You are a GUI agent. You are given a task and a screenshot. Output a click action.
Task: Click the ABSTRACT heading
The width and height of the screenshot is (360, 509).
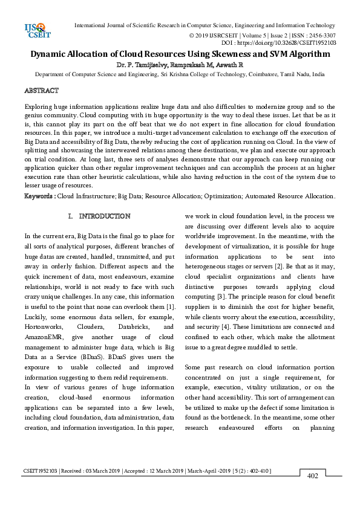(x=41, y=91)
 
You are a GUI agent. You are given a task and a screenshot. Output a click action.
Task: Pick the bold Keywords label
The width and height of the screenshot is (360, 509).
(x=39, y=196)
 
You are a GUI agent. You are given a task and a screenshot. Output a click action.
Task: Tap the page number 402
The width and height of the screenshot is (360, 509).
(x=313, y=476)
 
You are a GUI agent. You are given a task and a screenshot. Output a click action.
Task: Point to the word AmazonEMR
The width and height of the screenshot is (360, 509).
(x=44, y=336)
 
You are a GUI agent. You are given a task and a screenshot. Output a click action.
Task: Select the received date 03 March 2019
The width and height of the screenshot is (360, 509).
(x=83, y=471)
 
